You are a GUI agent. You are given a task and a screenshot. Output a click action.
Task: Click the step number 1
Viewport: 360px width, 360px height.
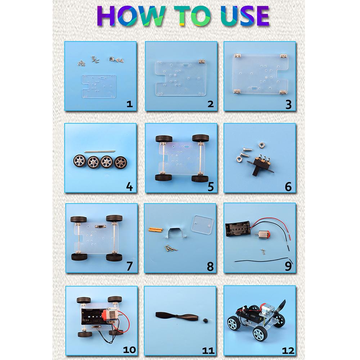[x=130, y=104]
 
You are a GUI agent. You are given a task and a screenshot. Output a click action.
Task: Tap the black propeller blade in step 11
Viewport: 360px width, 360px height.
[x=175, y=316]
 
